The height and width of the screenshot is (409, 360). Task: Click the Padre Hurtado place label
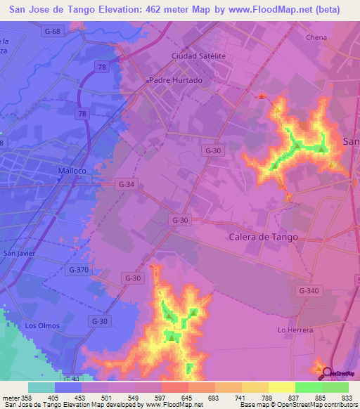click(x=176, y=80)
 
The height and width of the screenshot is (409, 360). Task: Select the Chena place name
click(x=318, y=37)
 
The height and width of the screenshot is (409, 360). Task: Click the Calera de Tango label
click(x=264, y=237)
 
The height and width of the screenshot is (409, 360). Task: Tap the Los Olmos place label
click(x=40, y=325)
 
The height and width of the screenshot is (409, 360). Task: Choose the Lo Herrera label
click(x=293, y=330)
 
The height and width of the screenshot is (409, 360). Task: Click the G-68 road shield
click(x=51, y=30)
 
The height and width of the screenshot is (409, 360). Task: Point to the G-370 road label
click(x=79, y=269)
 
